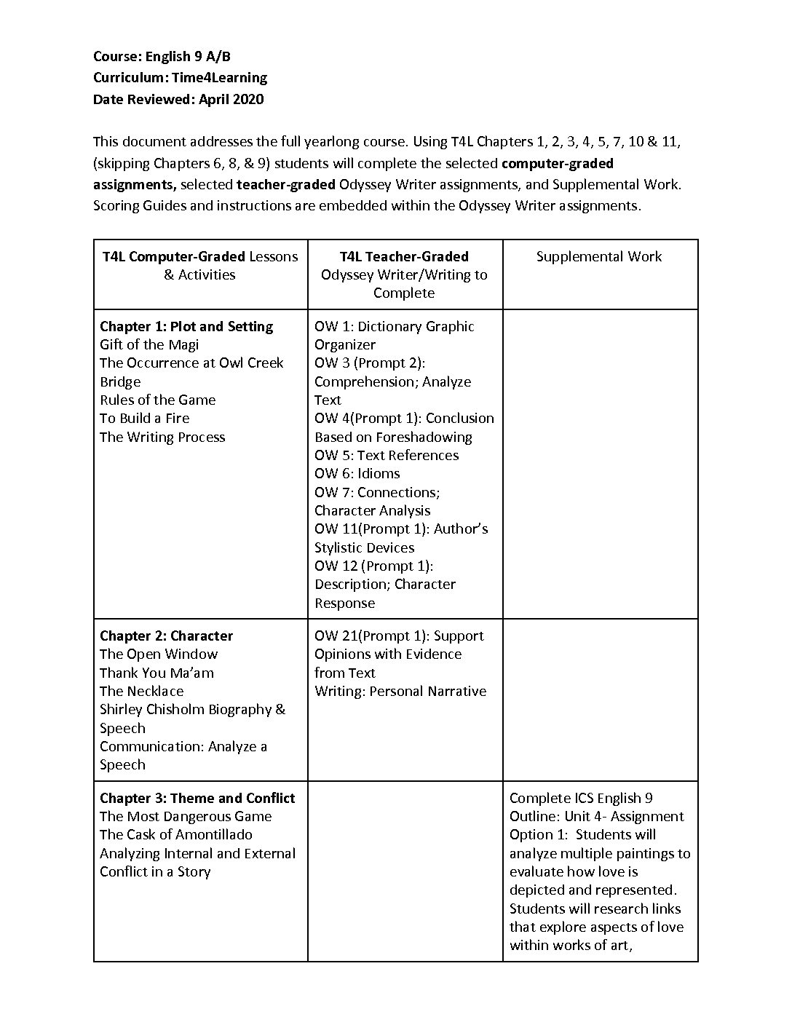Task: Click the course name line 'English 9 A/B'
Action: coord(188,56)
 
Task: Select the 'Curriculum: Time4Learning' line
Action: coord(180,77)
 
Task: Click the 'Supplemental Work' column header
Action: coord(598,256)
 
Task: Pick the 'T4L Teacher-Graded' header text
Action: coord(404,256)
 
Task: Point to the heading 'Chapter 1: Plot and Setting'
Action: coord(186,326)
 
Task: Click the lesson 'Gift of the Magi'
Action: coord(149,344)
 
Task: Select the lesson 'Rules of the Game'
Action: coord(157,400)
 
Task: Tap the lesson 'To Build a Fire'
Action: coord(144,418)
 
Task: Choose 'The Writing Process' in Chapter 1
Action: coord(162,437)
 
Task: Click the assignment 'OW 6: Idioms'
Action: coord(357,473)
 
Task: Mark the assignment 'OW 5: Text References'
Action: coord(387,455)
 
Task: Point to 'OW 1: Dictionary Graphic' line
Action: coord(394,326)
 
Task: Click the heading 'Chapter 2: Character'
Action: coord(166,636)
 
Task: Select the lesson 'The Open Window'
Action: coord(159,654)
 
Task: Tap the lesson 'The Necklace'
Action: coord(141,691)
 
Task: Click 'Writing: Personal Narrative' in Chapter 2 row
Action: coord(400,691)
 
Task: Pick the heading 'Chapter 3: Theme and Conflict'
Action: coord(197,798)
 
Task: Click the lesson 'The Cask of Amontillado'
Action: coord(175,834)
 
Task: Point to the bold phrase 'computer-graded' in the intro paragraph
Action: coord(558,163)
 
